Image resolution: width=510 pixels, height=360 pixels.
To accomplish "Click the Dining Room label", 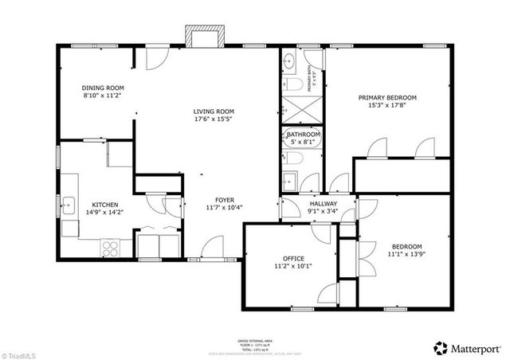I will [x=104, y=88].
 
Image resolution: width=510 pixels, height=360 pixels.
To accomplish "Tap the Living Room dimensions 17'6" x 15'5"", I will [x=214, y=120].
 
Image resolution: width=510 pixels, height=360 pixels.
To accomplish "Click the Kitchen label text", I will [x=105, y=204].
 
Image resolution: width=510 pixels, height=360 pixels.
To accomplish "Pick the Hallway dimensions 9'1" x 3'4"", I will [x=323, y=213].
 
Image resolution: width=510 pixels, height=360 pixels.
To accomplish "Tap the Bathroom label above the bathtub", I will [x=304, y=135].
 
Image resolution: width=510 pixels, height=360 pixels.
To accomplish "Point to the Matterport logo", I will [x=468, y=347].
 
